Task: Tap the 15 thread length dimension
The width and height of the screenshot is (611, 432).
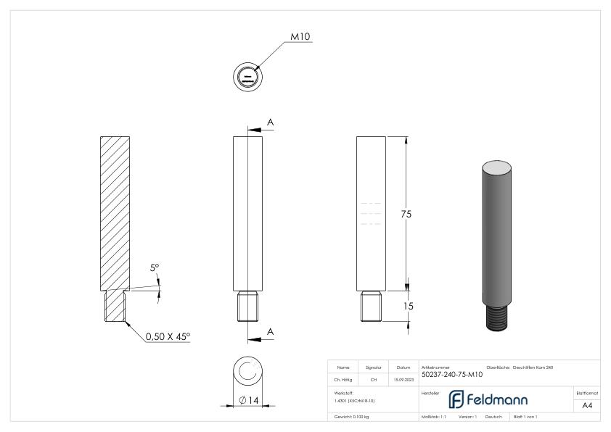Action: point(408,306)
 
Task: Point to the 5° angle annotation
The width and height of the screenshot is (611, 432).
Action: point(154,268)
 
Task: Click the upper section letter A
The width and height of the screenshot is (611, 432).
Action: point(270,122)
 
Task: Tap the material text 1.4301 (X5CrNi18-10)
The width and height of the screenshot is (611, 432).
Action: point(354,400)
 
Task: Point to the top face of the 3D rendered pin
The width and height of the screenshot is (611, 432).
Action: point(497,167)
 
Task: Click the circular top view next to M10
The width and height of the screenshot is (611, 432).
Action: point(248,76)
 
